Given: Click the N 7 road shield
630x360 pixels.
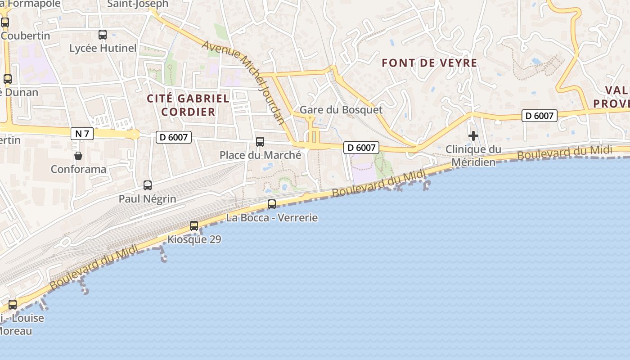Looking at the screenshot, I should (x=82, y=134).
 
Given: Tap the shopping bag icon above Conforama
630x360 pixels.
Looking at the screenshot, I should (x=78, y=156).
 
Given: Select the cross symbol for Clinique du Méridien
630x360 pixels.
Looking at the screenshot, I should (x=473, y=135).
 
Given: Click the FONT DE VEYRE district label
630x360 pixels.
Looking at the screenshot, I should (x=429, y=63).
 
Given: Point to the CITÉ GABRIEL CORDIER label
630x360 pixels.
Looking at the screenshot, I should (x=188, y=105).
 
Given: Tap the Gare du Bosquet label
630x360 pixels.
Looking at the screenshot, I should (x=341, y=110).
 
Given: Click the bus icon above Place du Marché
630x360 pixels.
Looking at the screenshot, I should (x=260, y=142).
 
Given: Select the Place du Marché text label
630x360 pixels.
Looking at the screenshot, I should (x=260, y=155).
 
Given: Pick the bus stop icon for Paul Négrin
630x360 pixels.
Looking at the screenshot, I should (x=148, y=185).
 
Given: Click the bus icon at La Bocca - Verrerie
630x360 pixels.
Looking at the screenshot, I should (x=272, y=204).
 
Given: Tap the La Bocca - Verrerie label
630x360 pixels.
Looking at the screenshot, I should (x=272, y=218).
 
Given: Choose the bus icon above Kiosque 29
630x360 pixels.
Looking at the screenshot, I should (x=194, y=226).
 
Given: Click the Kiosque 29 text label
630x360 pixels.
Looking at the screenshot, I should (x=194, y=239).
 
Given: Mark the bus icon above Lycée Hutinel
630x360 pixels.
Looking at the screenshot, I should (x=103, y=34).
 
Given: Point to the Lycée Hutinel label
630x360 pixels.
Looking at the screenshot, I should (x=103, y=48).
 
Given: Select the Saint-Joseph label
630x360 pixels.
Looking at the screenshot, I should (x=138, y=4).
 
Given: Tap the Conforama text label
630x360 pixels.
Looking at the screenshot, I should (x=78, y=169).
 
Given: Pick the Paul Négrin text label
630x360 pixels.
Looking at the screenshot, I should (x=148, y=199).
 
